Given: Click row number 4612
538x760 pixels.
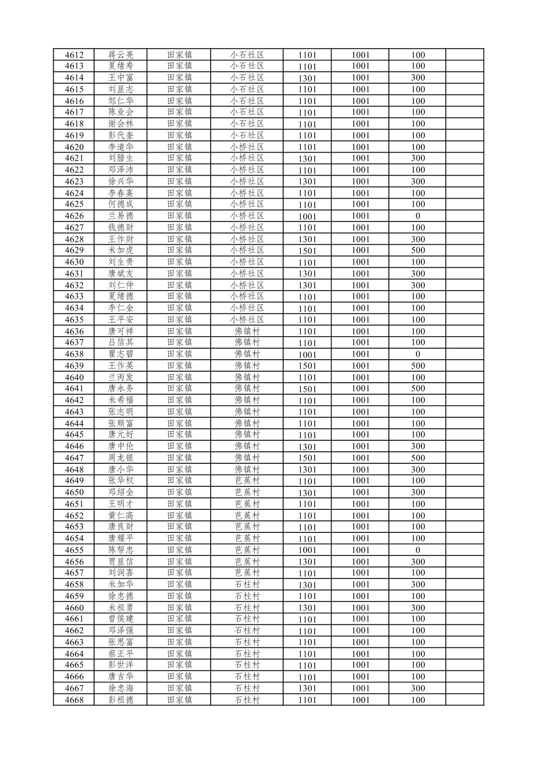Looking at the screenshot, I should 74,55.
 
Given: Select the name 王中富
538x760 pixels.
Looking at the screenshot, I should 121,78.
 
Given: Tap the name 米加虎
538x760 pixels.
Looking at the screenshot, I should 121,250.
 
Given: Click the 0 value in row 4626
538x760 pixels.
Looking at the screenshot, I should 418,216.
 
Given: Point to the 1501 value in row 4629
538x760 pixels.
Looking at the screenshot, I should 307,251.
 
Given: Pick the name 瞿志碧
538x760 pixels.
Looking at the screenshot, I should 121,354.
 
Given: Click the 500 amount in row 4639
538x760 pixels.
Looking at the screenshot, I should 418,366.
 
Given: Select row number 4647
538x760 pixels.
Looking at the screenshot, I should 74,458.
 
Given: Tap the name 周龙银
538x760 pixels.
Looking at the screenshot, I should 121,458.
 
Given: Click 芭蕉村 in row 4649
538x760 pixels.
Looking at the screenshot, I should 247,481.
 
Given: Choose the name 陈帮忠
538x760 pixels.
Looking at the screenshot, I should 121,550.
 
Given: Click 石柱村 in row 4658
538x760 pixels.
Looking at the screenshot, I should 247,584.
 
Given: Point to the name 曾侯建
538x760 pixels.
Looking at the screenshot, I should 121,619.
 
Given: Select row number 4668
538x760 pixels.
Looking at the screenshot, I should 74,700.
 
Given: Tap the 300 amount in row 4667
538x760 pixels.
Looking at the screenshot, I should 418,688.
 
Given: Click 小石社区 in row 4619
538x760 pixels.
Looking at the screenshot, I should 247,135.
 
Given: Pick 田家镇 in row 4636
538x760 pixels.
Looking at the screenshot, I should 179,331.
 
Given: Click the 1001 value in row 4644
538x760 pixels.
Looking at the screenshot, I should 360,423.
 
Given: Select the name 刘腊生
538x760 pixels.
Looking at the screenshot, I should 121,158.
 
